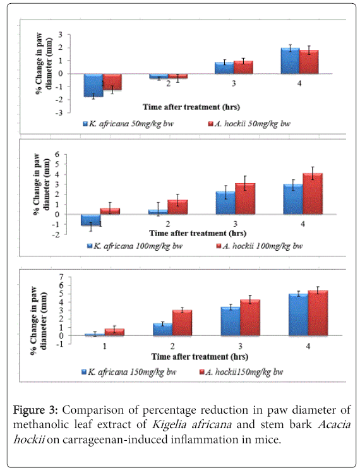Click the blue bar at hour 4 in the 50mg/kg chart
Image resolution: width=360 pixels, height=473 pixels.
point(291,61)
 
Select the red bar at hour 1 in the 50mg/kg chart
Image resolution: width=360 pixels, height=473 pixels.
point(112,81)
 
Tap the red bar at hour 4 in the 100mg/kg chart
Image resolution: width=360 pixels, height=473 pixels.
point(313,194)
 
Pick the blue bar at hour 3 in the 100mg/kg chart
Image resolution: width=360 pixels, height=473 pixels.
point(225,203)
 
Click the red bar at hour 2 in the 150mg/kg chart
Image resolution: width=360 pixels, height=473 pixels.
point(183,323)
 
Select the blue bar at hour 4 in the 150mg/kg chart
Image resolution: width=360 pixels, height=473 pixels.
point(299,314)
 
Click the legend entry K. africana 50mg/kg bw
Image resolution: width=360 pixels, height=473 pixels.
point(128,124)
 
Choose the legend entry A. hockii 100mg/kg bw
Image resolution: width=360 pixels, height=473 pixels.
point(259,246)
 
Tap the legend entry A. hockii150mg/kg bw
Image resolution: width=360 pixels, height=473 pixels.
point(241,372)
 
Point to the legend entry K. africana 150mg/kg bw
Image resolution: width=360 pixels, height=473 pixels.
point(129,372)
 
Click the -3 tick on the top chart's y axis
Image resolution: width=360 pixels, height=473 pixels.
point(59,113)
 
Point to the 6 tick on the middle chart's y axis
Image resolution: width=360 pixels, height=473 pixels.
point(57,154)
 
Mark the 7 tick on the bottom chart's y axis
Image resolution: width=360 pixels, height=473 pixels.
point(61,277)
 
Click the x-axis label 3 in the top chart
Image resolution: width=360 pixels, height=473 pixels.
point(234,83)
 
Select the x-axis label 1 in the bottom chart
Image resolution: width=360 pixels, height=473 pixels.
point(104,346)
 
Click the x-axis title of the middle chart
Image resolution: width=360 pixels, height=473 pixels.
point(198,233)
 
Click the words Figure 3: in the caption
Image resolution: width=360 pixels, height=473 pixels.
point(35,410)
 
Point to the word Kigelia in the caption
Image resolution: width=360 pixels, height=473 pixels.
point(169,425)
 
